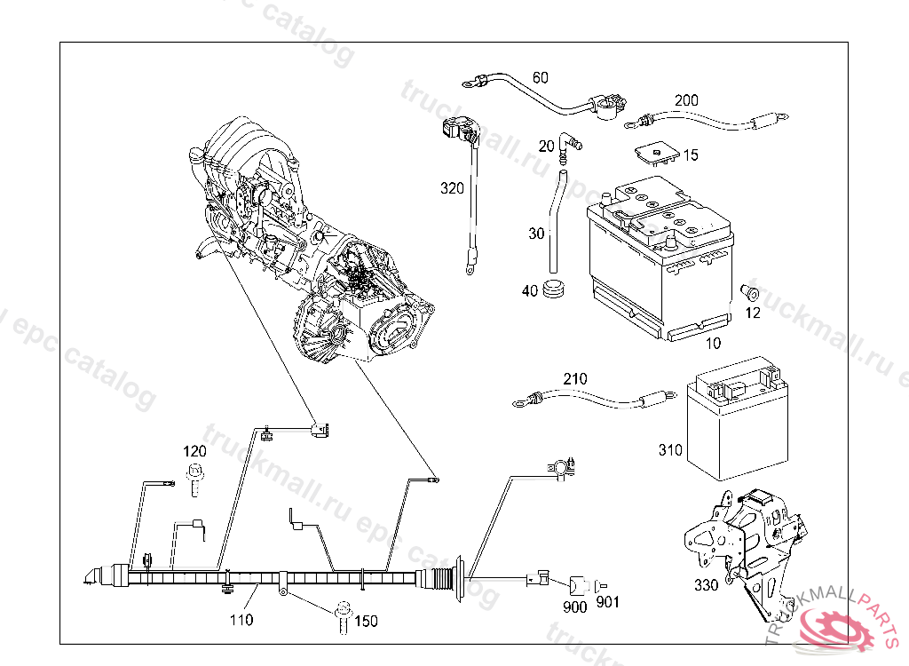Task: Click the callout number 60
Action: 540,78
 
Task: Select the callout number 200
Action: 686,100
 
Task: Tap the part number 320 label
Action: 452,188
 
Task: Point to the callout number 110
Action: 241,620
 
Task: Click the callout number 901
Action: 607,602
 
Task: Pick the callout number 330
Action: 706,585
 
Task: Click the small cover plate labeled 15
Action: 657,154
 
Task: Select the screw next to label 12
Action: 750,292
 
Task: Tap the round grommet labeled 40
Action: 555,289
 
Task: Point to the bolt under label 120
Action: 195,480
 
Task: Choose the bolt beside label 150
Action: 344,616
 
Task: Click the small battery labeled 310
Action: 737,419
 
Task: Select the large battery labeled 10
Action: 660,258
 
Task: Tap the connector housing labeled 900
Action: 577,586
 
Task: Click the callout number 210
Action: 575,379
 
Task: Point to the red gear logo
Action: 834,628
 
